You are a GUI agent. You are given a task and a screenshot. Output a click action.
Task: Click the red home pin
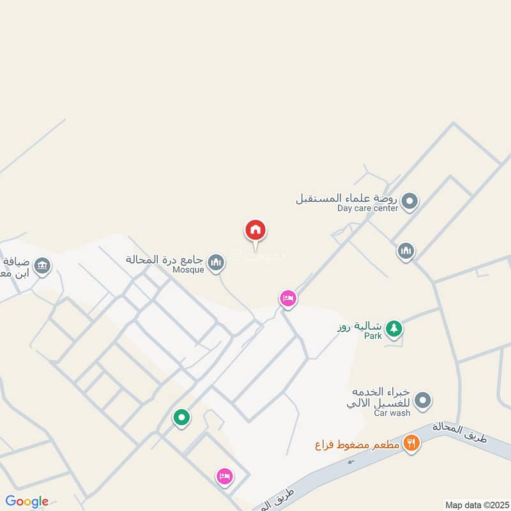coord(256,231)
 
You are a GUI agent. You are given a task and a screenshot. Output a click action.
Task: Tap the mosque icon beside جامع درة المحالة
coord(217,261)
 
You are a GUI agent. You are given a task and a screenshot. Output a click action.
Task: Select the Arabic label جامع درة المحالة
coord(164,260)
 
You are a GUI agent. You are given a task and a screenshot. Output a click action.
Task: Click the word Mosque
coord(188,270)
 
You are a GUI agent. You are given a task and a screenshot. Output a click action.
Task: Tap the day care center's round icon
coord(411,202)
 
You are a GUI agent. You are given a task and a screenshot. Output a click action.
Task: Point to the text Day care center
coord(367,208)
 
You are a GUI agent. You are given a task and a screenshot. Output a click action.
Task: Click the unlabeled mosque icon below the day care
coord(406,252)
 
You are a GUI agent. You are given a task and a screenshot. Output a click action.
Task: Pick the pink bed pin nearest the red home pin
coord(288,298)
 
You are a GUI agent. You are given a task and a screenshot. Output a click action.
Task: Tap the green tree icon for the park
coord(395,329)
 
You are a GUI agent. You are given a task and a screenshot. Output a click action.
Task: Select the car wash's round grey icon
coord(422,402)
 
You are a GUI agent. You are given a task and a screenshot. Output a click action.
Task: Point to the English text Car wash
coord(392,413)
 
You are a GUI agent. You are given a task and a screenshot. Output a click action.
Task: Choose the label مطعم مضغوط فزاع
coord(357,444)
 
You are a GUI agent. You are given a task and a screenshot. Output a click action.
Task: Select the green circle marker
coord(181,418)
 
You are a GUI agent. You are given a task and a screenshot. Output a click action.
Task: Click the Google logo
coord(27,501)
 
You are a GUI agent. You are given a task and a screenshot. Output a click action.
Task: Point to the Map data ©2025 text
coord(476,505)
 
